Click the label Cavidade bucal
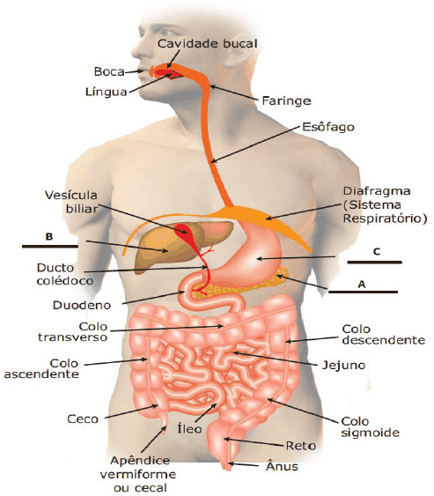click(208, 44)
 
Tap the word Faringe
click(286, 101)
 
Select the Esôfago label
click(328, 127)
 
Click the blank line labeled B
click(50, 246)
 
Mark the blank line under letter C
click(374, 263)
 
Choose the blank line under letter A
click(363, 292)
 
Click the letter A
click(362, 284)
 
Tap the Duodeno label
click(82, 305)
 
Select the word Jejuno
click(343, 366)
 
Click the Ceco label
click(83, 418)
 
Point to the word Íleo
click(189, 428)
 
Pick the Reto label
click(300, 446)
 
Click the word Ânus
click(282, 466)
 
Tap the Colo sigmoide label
click(370, 426)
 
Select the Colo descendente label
click(384, 335)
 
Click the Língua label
click(107, 92)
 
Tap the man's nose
click(136, 50)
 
